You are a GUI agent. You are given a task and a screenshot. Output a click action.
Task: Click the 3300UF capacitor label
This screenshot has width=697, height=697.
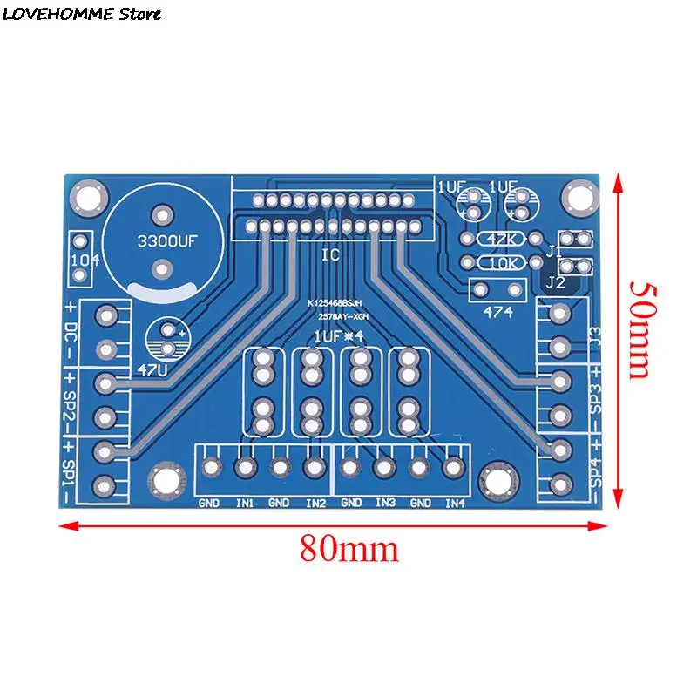click(163, 246)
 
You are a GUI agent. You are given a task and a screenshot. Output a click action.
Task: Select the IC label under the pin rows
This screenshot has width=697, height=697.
click(330, 254)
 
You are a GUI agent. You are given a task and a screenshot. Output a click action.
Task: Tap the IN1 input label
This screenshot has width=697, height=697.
click(245, 503)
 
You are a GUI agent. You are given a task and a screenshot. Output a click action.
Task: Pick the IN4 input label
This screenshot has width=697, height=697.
click(455, 503)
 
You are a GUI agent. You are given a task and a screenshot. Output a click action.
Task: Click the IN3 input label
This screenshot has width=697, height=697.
click(386, 503)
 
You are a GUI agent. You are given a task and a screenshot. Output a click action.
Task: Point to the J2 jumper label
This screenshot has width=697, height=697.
click(554, 282)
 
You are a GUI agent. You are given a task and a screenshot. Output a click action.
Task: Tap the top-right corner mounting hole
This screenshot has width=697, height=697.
click(576, 196)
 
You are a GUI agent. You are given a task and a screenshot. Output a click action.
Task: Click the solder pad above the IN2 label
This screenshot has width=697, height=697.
click(315, 468)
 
